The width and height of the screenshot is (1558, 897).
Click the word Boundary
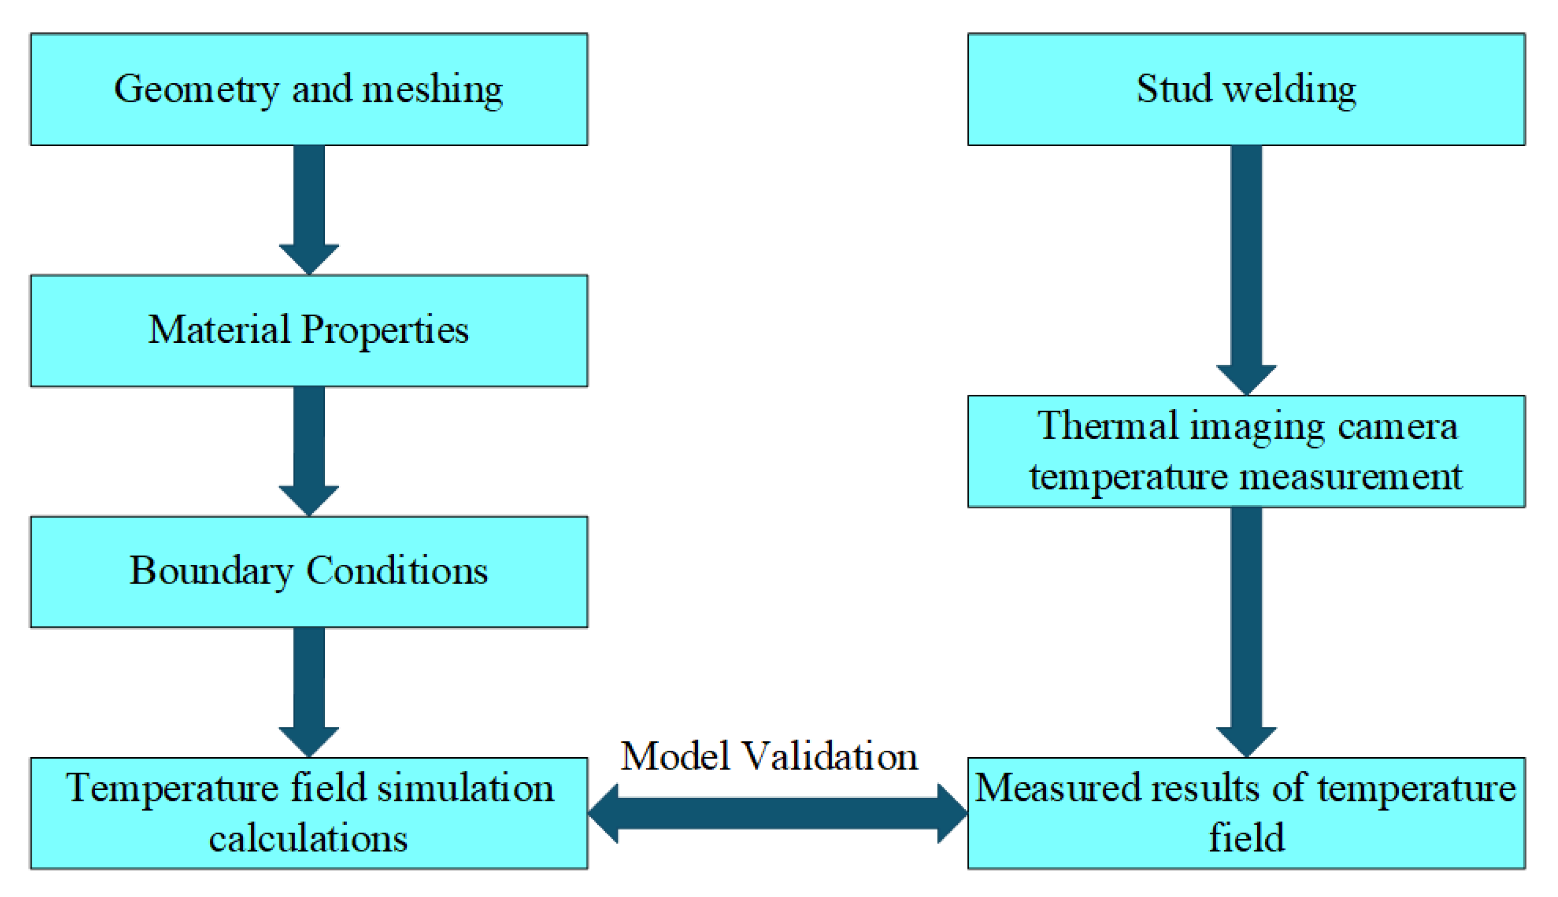coord(210,572)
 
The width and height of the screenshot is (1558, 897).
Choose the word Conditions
coord(398,571)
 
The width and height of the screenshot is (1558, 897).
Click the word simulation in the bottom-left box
coord(465,788)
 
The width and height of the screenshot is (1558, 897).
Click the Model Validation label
coord(769,757)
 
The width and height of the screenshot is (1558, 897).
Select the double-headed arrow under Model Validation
coord(778,813)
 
